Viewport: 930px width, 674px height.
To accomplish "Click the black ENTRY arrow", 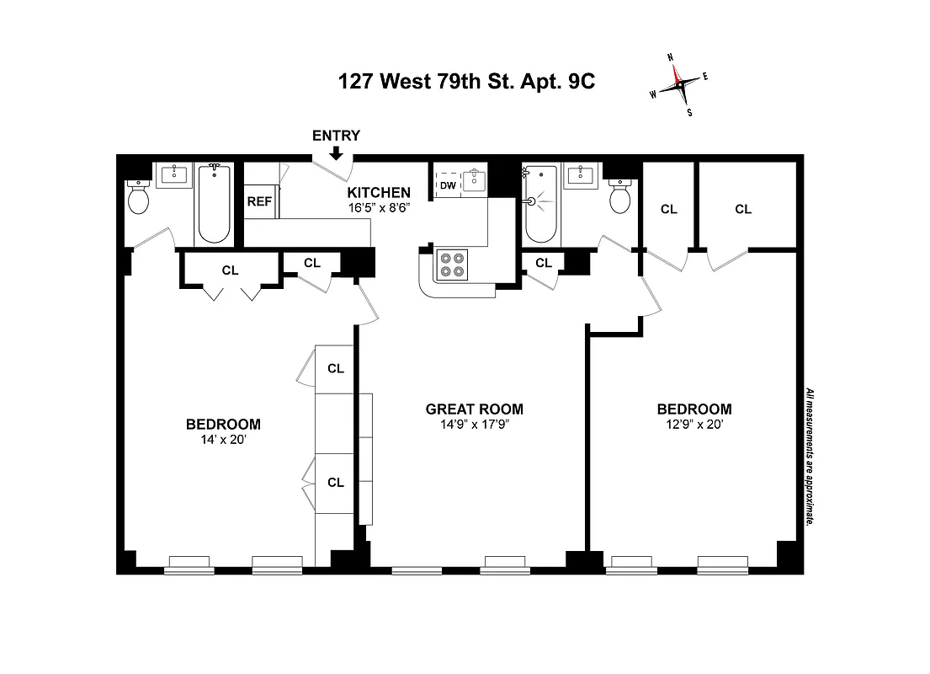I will pos(336,152).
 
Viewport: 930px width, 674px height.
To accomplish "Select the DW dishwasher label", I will pos(447,185).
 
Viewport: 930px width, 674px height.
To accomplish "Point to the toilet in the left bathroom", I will pos(138,199).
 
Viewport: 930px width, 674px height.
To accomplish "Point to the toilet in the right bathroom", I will pos(621,199).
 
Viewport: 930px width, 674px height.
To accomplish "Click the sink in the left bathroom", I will pos(178,175).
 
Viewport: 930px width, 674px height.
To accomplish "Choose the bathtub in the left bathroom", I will pos(213,204).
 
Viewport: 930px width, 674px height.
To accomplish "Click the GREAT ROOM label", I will pos(474,409).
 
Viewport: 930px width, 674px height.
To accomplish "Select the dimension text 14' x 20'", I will pos(223,439).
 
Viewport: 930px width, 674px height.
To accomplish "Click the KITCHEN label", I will pos(379,193).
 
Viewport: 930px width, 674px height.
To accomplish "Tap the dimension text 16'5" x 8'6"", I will pos(379,207).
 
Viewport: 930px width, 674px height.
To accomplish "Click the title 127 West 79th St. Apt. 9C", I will pos(470,82).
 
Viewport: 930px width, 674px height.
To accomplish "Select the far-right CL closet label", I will pos(742,209).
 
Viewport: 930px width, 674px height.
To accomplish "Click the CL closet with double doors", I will pos(230,270).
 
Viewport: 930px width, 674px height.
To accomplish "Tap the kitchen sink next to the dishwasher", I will pos(475,179).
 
